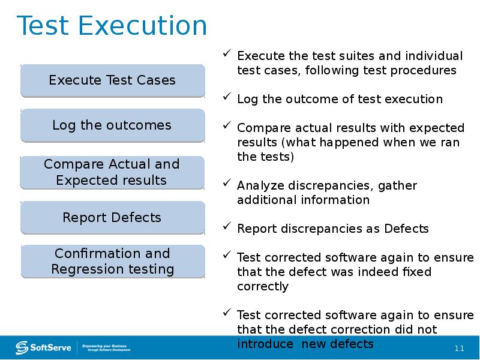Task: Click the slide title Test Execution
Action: pos(112,27)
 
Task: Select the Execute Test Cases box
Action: pos(112,80)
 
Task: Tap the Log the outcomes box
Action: pos(112,125)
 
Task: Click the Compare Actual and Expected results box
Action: pos(112,172)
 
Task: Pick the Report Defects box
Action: pos(112,217)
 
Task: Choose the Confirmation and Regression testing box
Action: pos(112,262)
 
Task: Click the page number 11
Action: pos(460,349)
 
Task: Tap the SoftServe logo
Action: pos(44,347)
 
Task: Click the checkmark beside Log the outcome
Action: pos(227,97)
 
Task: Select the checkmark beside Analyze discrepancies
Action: pos(227,184)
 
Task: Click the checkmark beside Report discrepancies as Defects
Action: pos(227,227)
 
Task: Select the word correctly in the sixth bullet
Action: pos(263,286)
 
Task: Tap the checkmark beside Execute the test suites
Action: pos(227,54)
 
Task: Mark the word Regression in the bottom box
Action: pos(80,269)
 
